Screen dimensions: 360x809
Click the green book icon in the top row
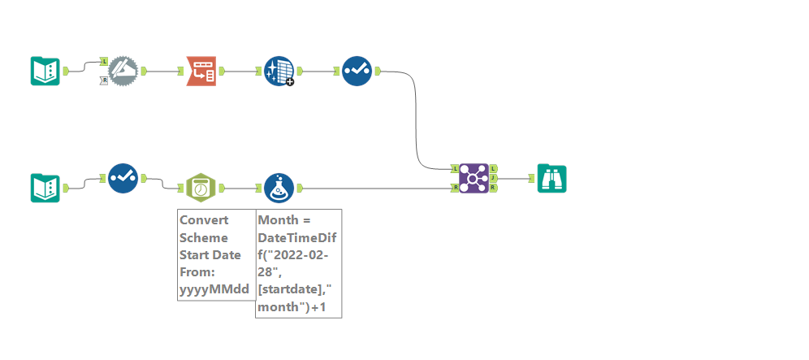click(45, 72)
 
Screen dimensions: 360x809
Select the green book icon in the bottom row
click(45, 188)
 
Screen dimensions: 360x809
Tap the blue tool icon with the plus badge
click(279, 72)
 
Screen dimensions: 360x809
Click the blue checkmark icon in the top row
click(357, 72)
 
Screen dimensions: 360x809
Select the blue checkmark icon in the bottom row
click(123, 178)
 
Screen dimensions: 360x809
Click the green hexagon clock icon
click(201, 188)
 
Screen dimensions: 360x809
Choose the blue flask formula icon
click(279, 188)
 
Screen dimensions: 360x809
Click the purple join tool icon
click(474, 178)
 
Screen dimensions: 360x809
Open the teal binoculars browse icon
click(552, 178)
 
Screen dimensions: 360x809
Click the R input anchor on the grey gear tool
click(105, 80)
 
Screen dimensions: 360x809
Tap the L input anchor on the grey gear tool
click(105, 62)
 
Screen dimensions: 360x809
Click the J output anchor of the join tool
click(494, 178)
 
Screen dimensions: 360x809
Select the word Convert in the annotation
click(204, 219)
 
